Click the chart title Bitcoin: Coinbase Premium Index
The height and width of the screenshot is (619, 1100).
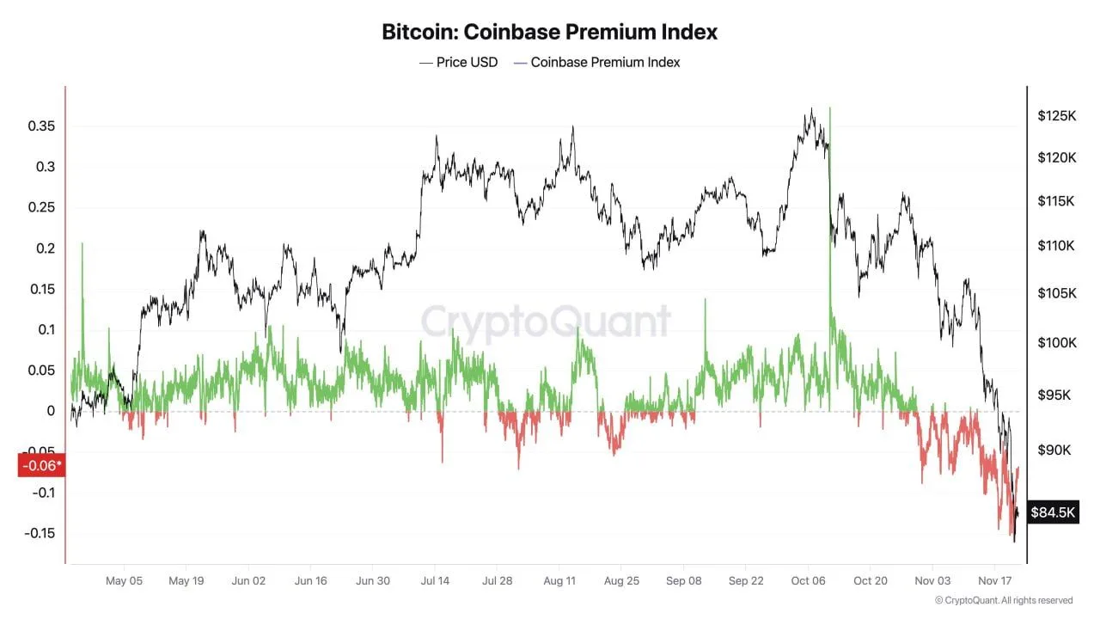[x=550, y=33]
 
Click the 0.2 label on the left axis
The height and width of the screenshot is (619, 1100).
[x=44, y=248]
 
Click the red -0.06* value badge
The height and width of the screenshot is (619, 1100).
[x=41, y=465]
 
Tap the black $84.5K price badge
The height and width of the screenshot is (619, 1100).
[x=1053, y=513]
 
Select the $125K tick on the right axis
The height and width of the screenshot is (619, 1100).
[x=1057, y=115]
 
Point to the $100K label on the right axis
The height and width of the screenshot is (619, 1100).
[x=1057, y=343]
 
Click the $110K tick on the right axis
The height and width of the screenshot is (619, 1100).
[x=1057, y=246]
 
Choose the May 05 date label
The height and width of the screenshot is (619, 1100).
[x=124, y=580]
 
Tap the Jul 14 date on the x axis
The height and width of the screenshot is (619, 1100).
[x=436, y=580]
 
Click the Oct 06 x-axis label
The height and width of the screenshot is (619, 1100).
[x=809, y=580]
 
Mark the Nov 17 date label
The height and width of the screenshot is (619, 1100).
[x=994, y=580]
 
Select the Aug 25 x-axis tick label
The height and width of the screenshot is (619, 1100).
[x=621, y=580]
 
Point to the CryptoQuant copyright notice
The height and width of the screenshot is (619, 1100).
[x=1003, y=600]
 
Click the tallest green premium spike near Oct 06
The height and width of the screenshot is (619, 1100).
[x=830, y=112]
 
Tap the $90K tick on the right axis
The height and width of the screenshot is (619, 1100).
[x=1057, y=450]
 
